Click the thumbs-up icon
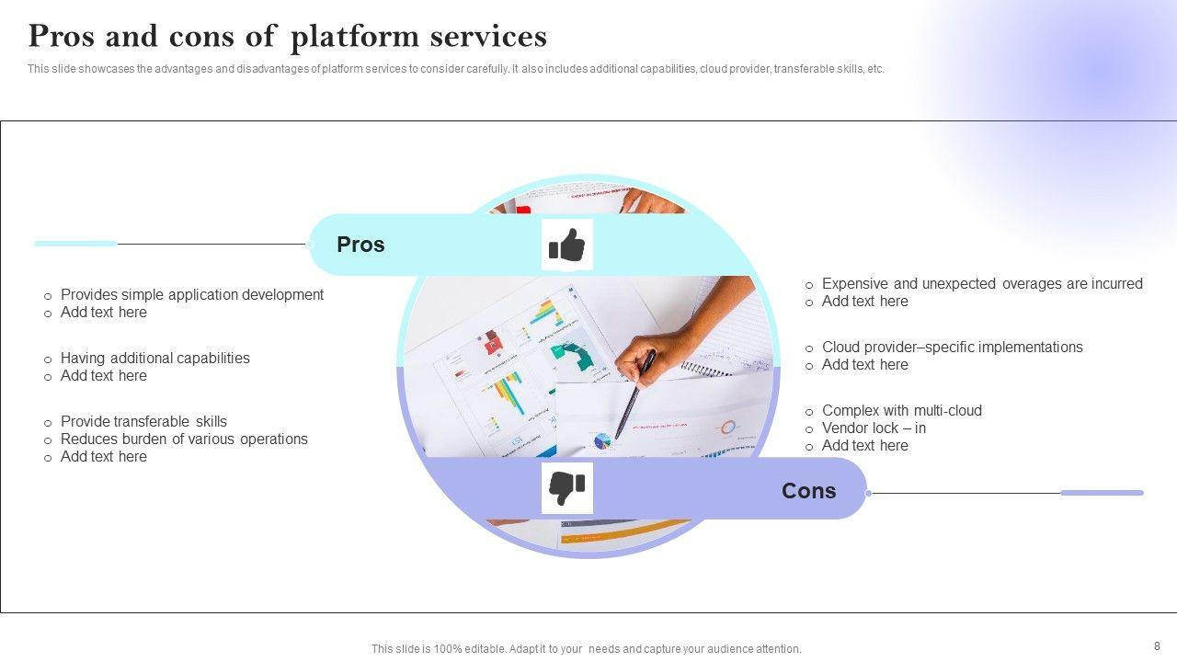(566, 245)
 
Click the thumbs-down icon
(566, 488)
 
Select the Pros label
(360, 245)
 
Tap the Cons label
(808, 491)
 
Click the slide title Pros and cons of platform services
(287, 37)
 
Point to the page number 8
(1157, 646)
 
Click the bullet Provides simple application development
(191, 295)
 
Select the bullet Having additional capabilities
(154, 359)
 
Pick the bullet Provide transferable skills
(143, 422)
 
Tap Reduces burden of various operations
(184, 439)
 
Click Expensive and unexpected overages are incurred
(981, 284)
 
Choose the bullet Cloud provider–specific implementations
(952, 348)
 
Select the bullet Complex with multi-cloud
(901, 411)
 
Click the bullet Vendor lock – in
(874, 428)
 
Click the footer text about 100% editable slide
(586, 649)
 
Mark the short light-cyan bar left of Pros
(75, 244)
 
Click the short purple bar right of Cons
(1102, 493)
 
